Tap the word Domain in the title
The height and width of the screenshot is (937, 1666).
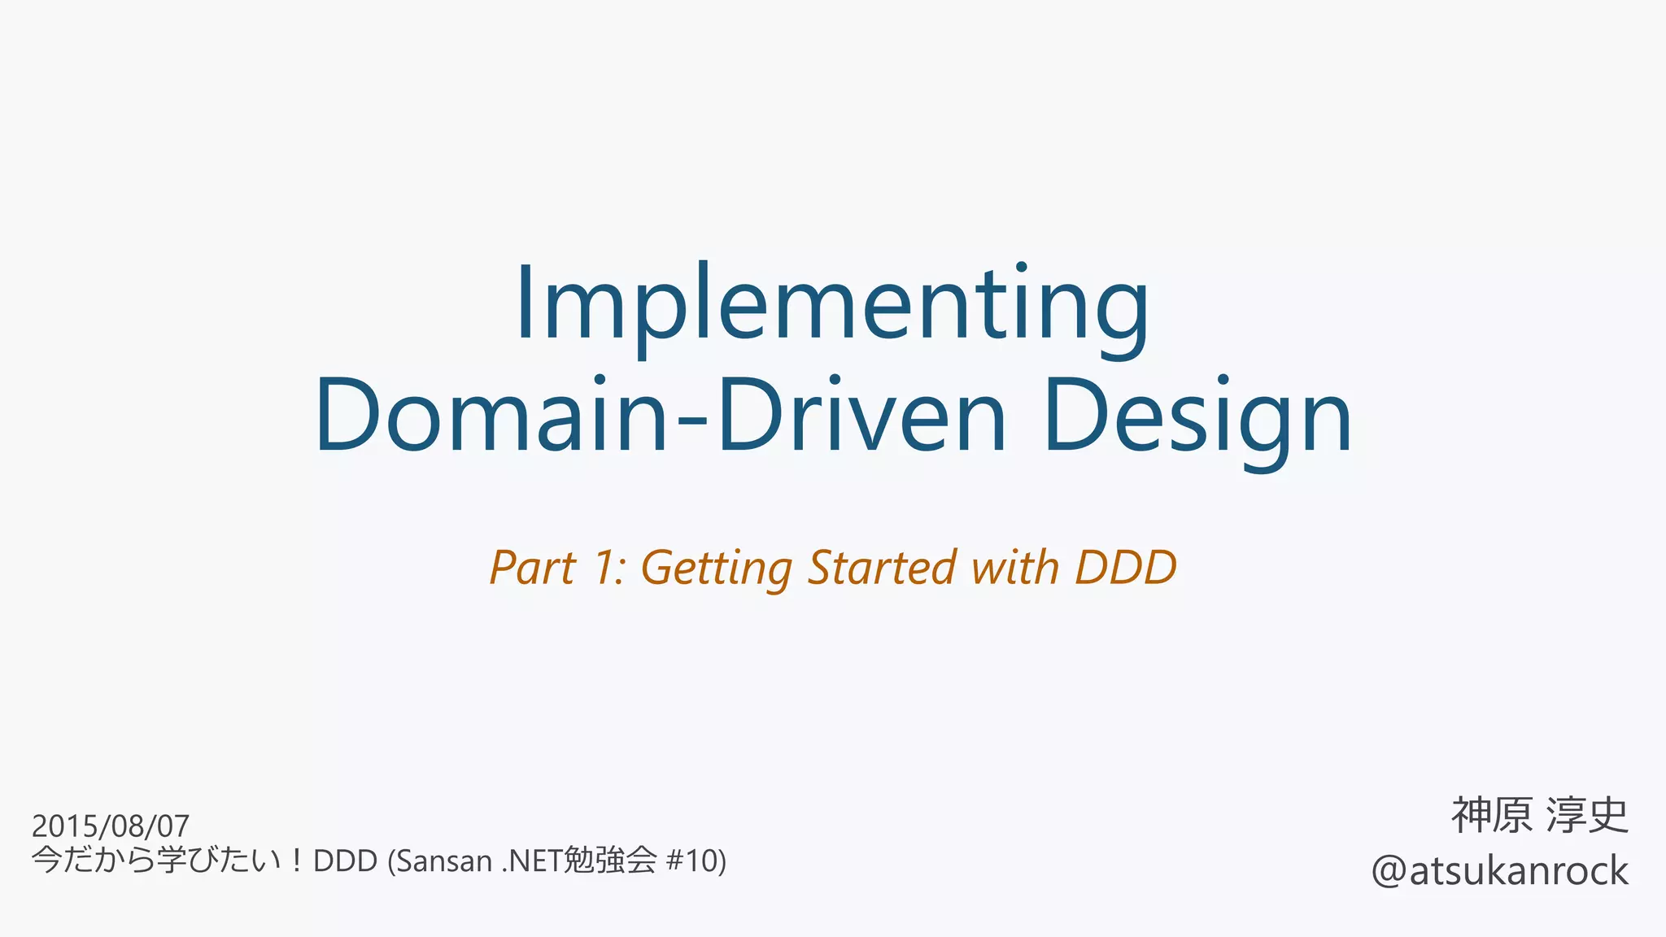(492, 415)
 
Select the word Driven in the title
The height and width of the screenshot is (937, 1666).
(861, 415)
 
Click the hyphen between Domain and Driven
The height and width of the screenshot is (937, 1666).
(691, 423)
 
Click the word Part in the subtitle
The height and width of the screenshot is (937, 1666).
(533, 568)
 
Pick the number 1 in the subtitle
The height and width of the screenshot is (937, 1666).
(606, 568)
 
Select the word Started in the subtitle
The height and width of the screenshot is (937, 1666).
(883, 568)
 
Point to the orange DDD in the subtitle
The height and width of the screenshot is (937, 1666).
(1126, 568)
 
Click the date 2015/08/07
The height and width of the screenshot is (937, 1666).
(110, 826)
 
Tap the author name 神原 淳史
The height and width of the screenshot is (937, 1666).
(1540, 816)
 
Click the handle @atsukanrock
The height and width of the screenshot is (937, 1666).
(1499, 871)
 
